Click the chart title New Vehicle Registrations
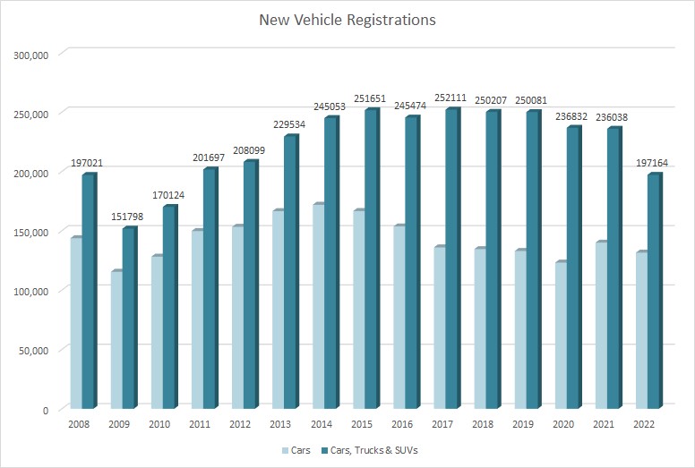click(347, 19)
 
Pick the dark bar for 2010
click(168, 308)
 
